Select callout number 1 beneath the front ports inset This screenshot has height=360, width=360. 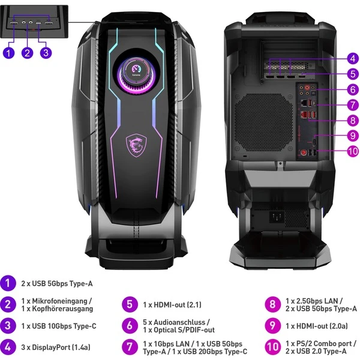(8, 52)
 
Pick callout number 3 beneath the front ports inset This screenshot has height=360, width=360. (46, 52)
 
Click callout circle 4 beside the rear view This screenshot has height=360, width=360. (352, 59)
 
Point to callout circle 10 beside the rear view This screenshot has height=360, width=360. (352, 151)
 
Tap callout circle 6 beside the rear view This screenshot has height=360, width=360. (352, 89)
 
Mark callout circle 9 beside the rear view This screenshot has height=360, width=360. (352, 135)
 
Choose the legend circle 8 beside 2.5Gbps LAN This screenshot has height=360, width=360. (272, 304)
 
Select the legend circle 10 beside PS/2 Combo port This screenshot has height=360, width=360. (272, 346)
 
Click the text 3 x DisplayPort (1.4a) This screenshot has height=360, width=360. (55, 346)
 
